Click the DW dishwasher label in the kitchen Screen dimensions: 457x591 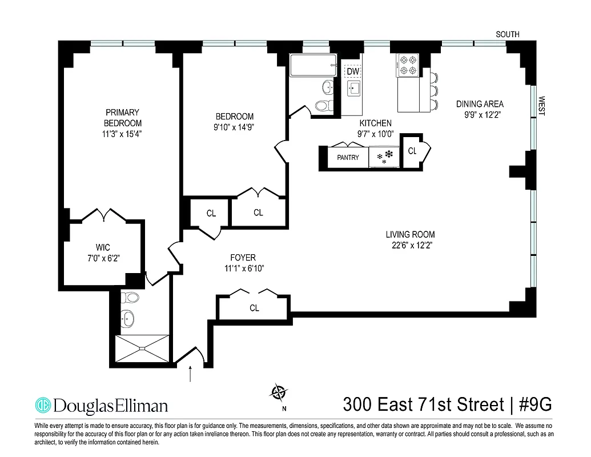click(352, 71)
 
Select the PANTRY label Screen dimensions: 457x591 click(348, 157)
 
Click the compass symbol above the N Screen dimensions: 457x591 click(279, 392)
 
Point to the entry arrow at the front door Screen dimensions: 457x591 click(191, 374)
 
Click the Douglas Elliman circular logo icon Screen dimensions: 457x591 click(43, 405)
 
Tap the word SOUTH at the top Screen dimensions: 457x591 click(507, 35)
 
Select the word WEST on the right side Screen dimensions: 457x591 click(541, 106)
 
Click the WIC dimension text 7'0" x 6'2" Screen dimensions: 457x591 click(103, 258)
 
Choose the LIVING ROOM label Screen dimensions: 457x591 click(410, 234)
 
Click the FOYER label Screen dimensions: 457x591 click(243, 258)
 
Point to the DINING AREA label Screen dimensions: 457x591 click(480, 104)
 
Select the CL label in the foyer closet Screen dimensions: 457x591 click(254, 308)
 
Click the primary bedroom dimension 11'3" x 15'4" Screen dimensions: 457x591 click(122, 134)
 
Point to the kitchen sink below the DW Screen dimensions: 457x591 click(353, 89)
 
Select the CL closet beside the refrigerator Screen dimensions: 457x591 click(412, 151)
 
